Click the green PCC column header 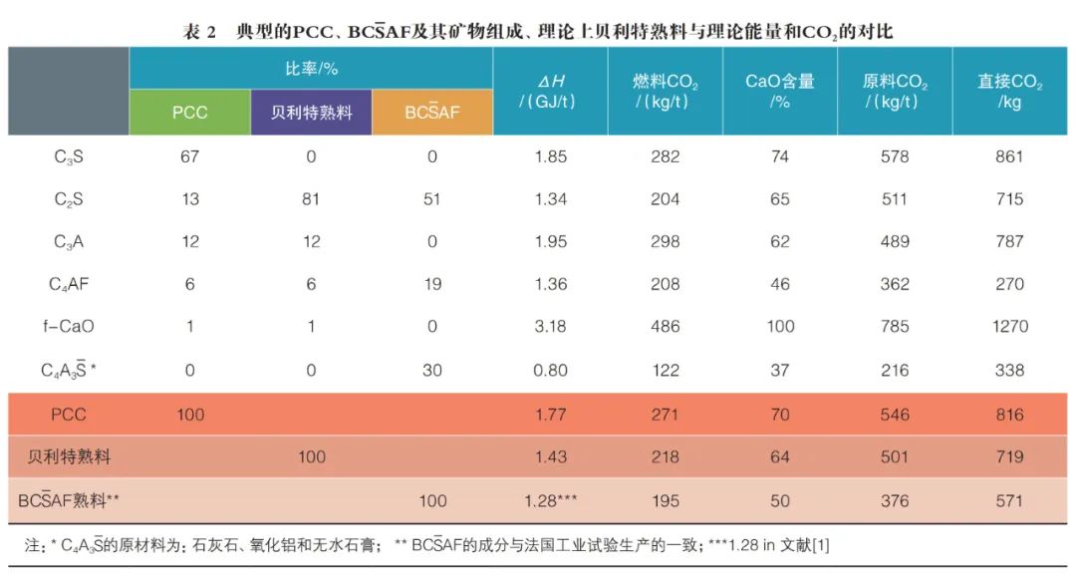pos(189,113)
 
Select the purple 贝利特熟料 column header pos(311,113)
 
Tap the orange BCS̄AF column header pos(432,113)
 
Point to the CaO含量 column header pos(780,91)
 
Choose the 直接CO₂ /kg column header pos(1009,91)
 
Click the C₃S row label pos(69,156)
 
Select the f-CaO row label pos(69,327)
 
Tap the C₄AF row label pos(69,284)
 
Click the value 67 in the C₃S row pos(189,156)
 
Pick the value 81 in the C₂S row pos(311,199)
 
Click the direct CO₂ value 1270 pos(1009,327)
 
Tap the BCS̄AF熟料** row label pos(69,501)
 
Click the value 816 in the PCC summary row pos(1009,415)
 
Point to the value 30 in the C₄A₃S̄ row pos(432,370)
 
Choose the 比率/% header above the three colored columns pos(311,70)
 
